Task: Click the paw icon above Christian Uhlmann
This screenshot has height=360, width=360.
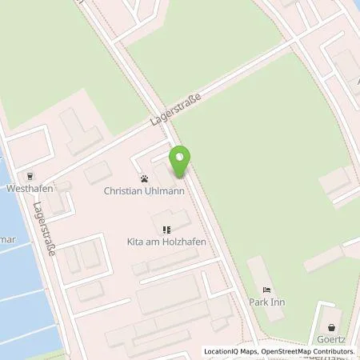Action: [144, 178]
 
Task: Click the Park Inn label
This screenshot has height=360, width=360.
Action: [269, 302]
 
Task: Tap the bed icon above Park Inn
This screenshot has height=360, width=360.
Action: [266, 290]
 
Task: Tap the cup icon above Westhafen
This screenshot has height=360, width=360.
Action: [30, 177]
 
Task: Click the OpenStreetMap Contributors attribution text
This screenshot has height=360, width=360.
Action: [307, 353]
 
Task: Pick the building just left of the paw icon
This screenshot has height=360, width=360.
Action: [99, 172]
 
